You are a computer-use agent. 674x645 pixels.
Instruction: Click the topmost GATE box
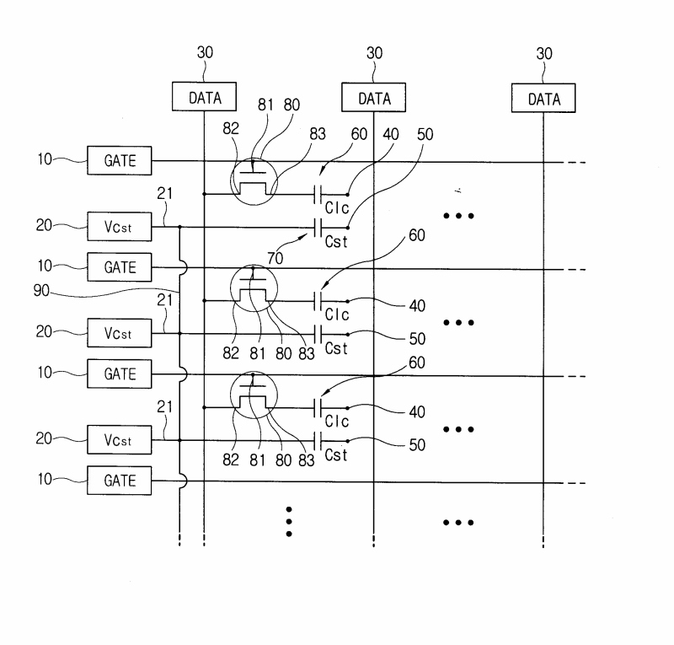119,160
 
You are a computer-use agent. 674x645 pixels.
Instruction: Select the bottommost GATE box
119,481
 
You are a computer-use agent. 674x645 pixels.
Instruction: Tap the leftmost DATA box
205,98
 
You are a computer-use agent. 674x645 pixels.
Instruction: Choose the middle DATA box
374,98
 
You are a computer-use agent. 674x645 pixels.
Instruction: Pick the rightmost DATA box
543,98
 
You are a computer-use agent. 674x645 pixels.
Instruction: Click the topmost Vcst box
119,226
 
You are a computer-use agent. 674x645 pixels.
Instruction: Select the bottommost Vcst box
119,440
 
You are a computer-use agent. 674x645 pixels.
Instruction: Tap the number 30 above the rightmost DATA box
543,53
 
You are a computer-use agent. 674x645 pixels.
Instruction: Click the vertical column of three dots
288,521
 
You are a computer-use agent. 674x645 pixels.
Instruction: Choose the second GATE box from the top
119,269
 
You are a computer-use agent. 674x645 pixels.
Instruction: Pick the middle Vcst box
119,333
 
